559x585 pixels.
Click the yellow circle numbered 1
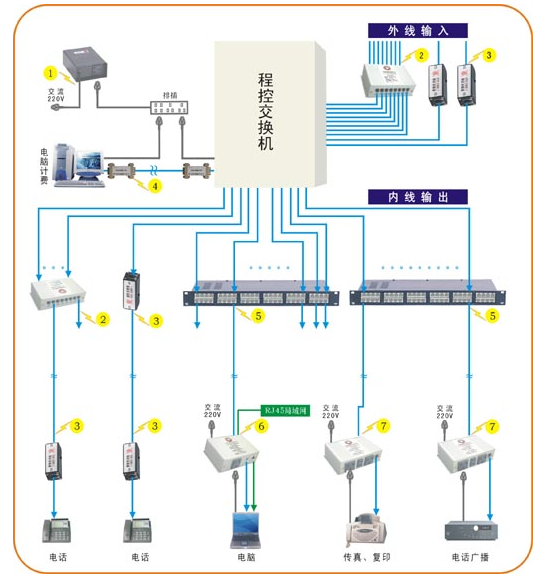[x=50, y=72]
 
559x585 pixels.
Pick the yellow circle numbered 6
[x=261, y=426]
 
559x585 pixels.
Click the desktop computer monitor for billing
[x=86, y=160]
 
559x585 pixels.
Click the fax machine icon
[x=363, y=525]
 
